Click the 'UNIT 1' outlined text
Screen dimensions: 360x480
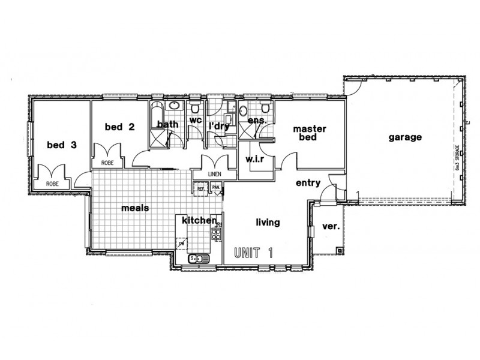click(253, 253)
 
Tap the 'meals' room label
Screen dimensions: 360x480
click(135, 208)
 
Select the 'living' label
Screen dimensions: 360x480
click(268, 223)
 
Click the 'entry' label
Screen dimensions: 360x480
click(308, 183)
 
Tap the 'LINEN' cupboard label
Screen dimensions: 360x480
click(215, 174)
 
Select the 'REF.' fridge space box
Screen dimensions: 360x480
click(202, 188)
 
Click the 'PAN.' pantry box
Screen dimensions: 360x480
click(215, 188)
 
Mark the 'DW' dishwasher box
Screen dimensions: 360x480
click(180, 244)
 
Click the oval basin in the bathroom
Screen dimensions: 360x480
click(173, 106)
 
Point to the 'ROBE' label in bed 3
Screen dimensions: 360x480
click(53, 184)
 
